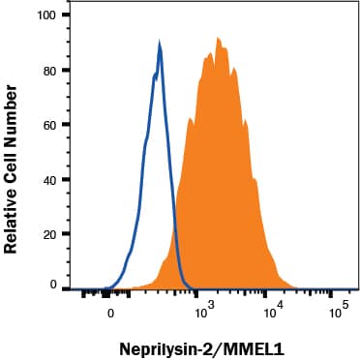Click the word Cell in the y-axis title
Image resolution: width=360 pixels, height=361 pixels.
[13, 156]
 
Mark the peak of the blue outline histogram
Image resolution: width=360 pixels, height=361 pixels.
[159, 44]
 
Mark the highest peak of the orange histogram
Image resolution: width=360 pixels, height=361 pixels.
[219, 38]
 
